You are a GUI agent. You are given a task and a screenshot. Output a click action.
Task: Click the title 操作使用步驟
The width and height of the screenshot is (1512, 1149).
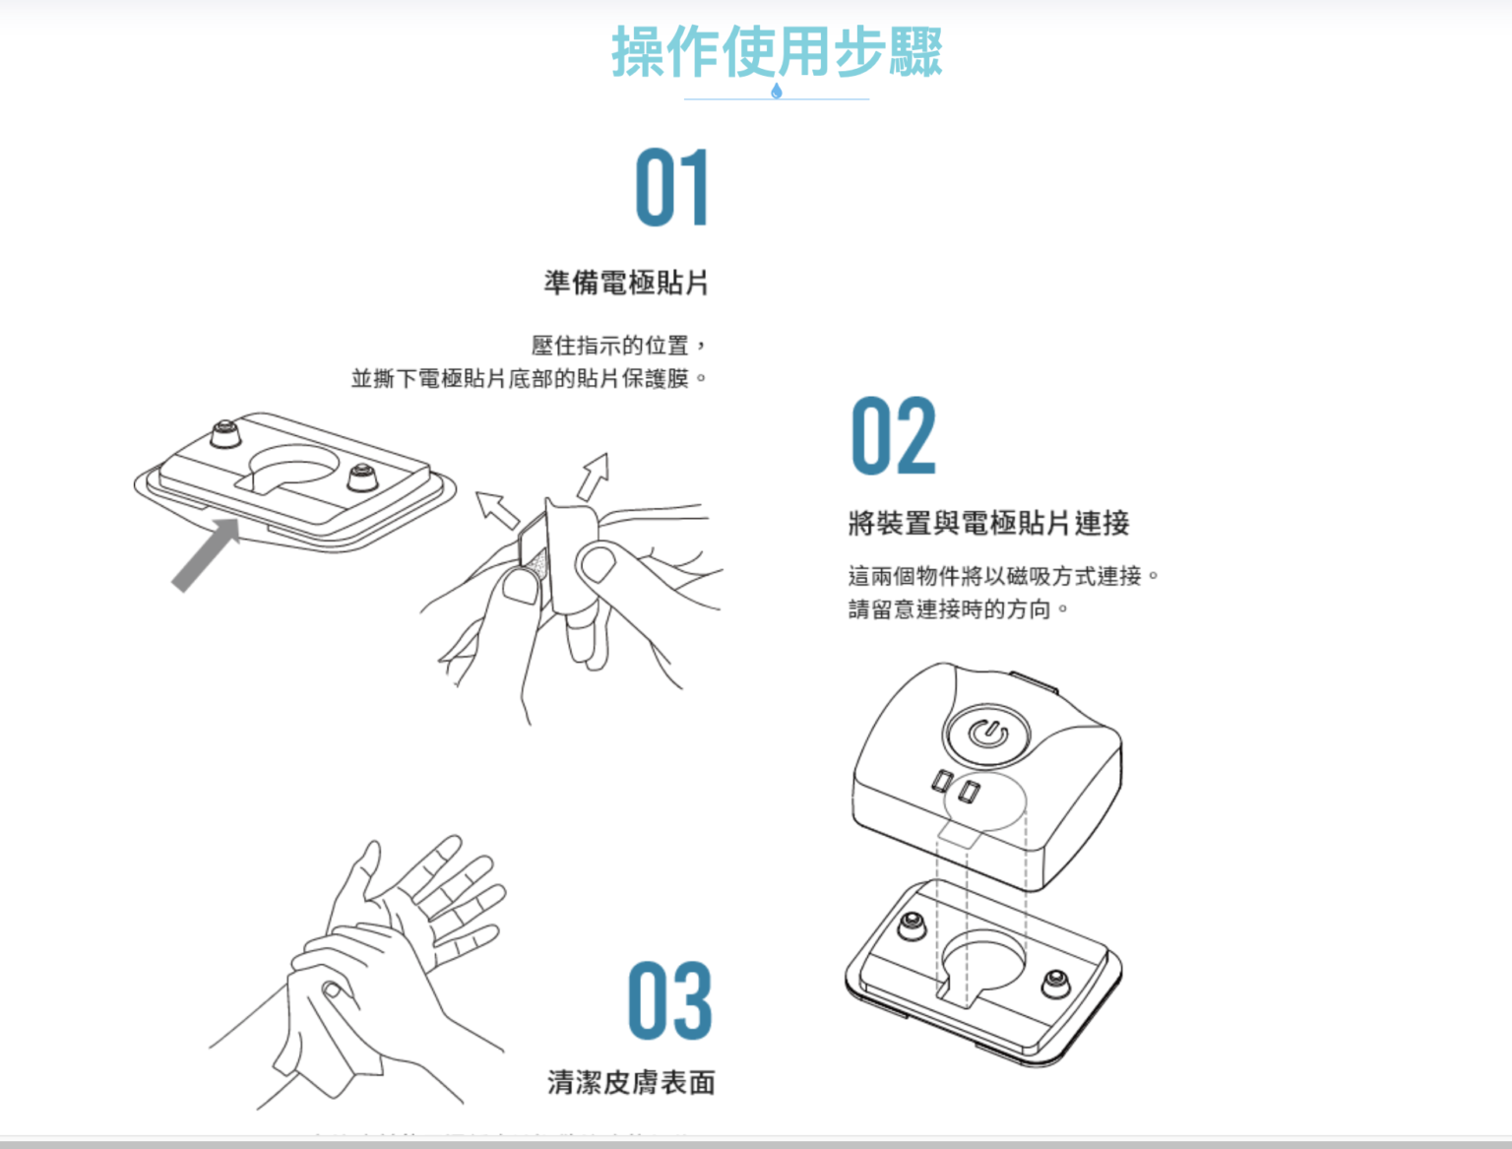click(x=777, y=51)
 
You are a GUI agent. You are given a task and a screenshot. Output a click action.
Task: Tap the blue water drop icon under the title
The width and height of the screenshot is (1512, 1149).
click(x=777, y=91)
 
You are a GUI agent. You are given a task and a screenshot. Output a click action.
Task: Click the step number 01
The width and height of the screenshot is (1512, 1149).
click(x=672, y=187)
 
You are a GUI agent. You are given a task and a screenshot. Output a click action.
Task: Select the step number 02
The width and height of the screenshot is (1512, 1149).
click(x=894, y=435)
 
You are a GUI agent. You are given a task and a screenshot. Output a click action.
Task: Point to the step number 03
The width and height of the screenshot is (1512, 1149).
click(x=669, y=1000)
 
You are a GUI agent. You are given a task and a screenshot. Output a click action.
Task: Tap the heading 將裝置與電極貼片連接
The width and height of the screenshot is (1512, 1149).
click(x=988, y=523)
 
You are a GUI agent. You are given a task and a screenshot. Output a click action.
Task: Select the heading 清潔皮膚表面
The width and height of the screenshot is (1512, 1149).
click(x=631, y=1082)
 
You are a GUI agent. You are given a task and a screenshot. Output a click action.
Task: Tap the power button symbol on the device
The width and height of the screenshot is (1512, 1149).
click(x=988, y=734)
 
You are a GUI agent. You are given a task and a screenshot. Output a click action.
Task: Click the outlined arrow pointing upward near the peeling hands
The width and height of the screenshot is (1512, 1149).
click(x=594, y=477)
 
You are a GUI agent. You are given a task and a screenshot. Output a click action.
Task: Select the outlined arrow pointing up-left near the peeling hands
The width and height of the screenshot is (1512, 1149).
click(x=497, y=510)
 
